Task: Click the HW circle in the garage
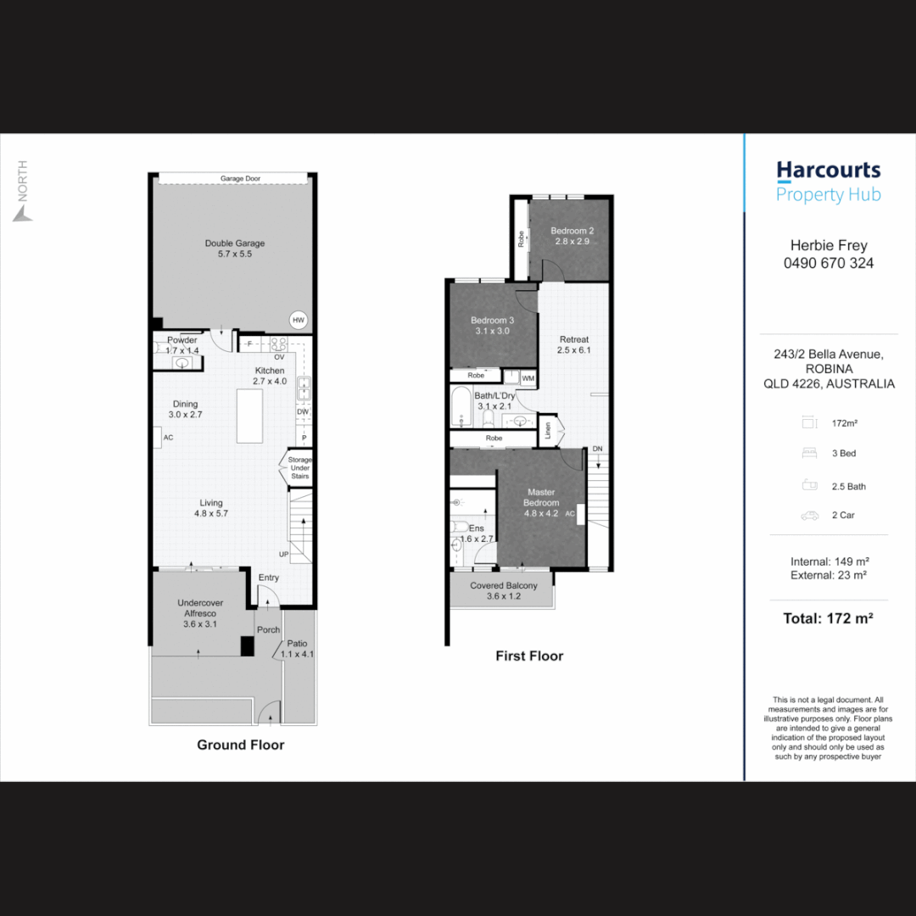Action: tap(298, 320)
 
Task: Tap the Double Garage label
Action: tap(235, 249)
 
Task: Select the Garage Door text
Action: tap(241, 179)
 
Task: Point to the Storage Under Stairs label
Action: tap(299, 468)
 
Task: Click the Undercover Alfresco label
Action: tap(200, 613)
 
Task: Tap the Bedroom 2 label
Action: tap(572, 236)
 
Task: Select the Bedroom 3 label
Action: tap(493, 326)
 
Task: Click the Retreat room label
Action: tap(574, 344)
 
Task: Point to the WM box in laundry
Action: tap(528, 377)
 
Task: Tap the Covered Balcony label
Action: tap(504, 591)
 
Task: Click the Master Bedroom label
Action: tap(541, 502)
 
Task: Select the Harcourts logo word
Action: tap(829, 170)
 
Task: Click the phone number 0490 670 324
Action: tap(829, 263)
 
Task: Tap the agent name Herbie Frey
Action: tap(829, 245)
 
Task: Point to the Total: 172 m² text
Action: tap(829, 618)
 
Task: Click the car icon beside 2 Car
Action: tap(808, 516)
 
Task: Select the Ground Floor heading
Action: tap(241, 745)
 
